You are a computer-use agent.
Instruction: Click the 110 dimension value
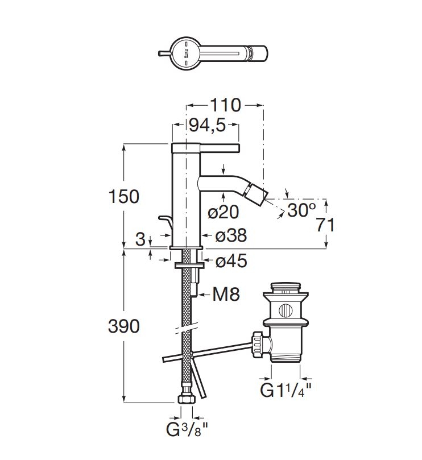(x=226, y=105)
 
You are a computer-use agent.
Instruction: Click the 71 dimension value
(x=325, y=225)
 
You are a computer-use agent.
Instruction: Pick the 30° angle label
(x=301, y=210)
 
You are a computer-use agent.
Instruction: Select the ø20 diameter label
(x=224, y=212)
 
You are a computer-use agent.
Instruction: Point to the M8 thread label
(x=226, y=294)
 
